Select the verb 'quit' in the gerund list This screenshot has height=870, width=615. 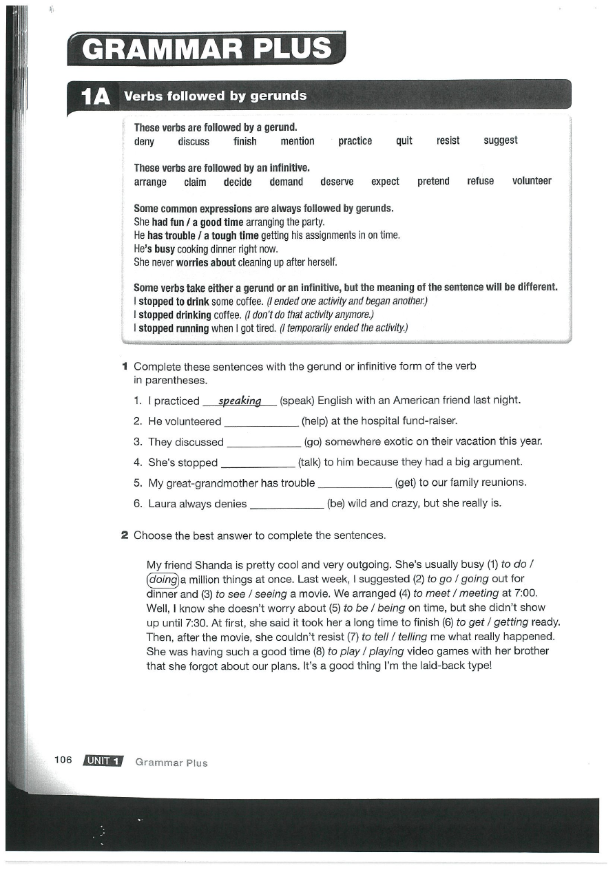[x=404, y=141]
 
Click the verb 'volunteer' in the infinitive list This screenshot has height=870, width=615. [x=532, y=182]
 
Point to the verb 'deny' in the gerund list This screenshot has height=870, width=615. [x=144, y=142]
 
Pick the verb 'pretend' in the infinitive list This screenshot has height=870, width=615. [x=433, y=182]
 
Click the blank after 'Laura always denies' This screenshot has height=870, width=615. [x=286, y=504]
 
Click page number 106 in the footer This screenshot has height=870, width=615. [x=63, y=760]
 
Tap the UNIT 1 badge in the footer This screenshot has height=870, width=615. [x=103, y=761]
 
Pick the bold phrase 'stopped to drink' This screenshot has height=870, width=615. [x=173, y=302]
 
